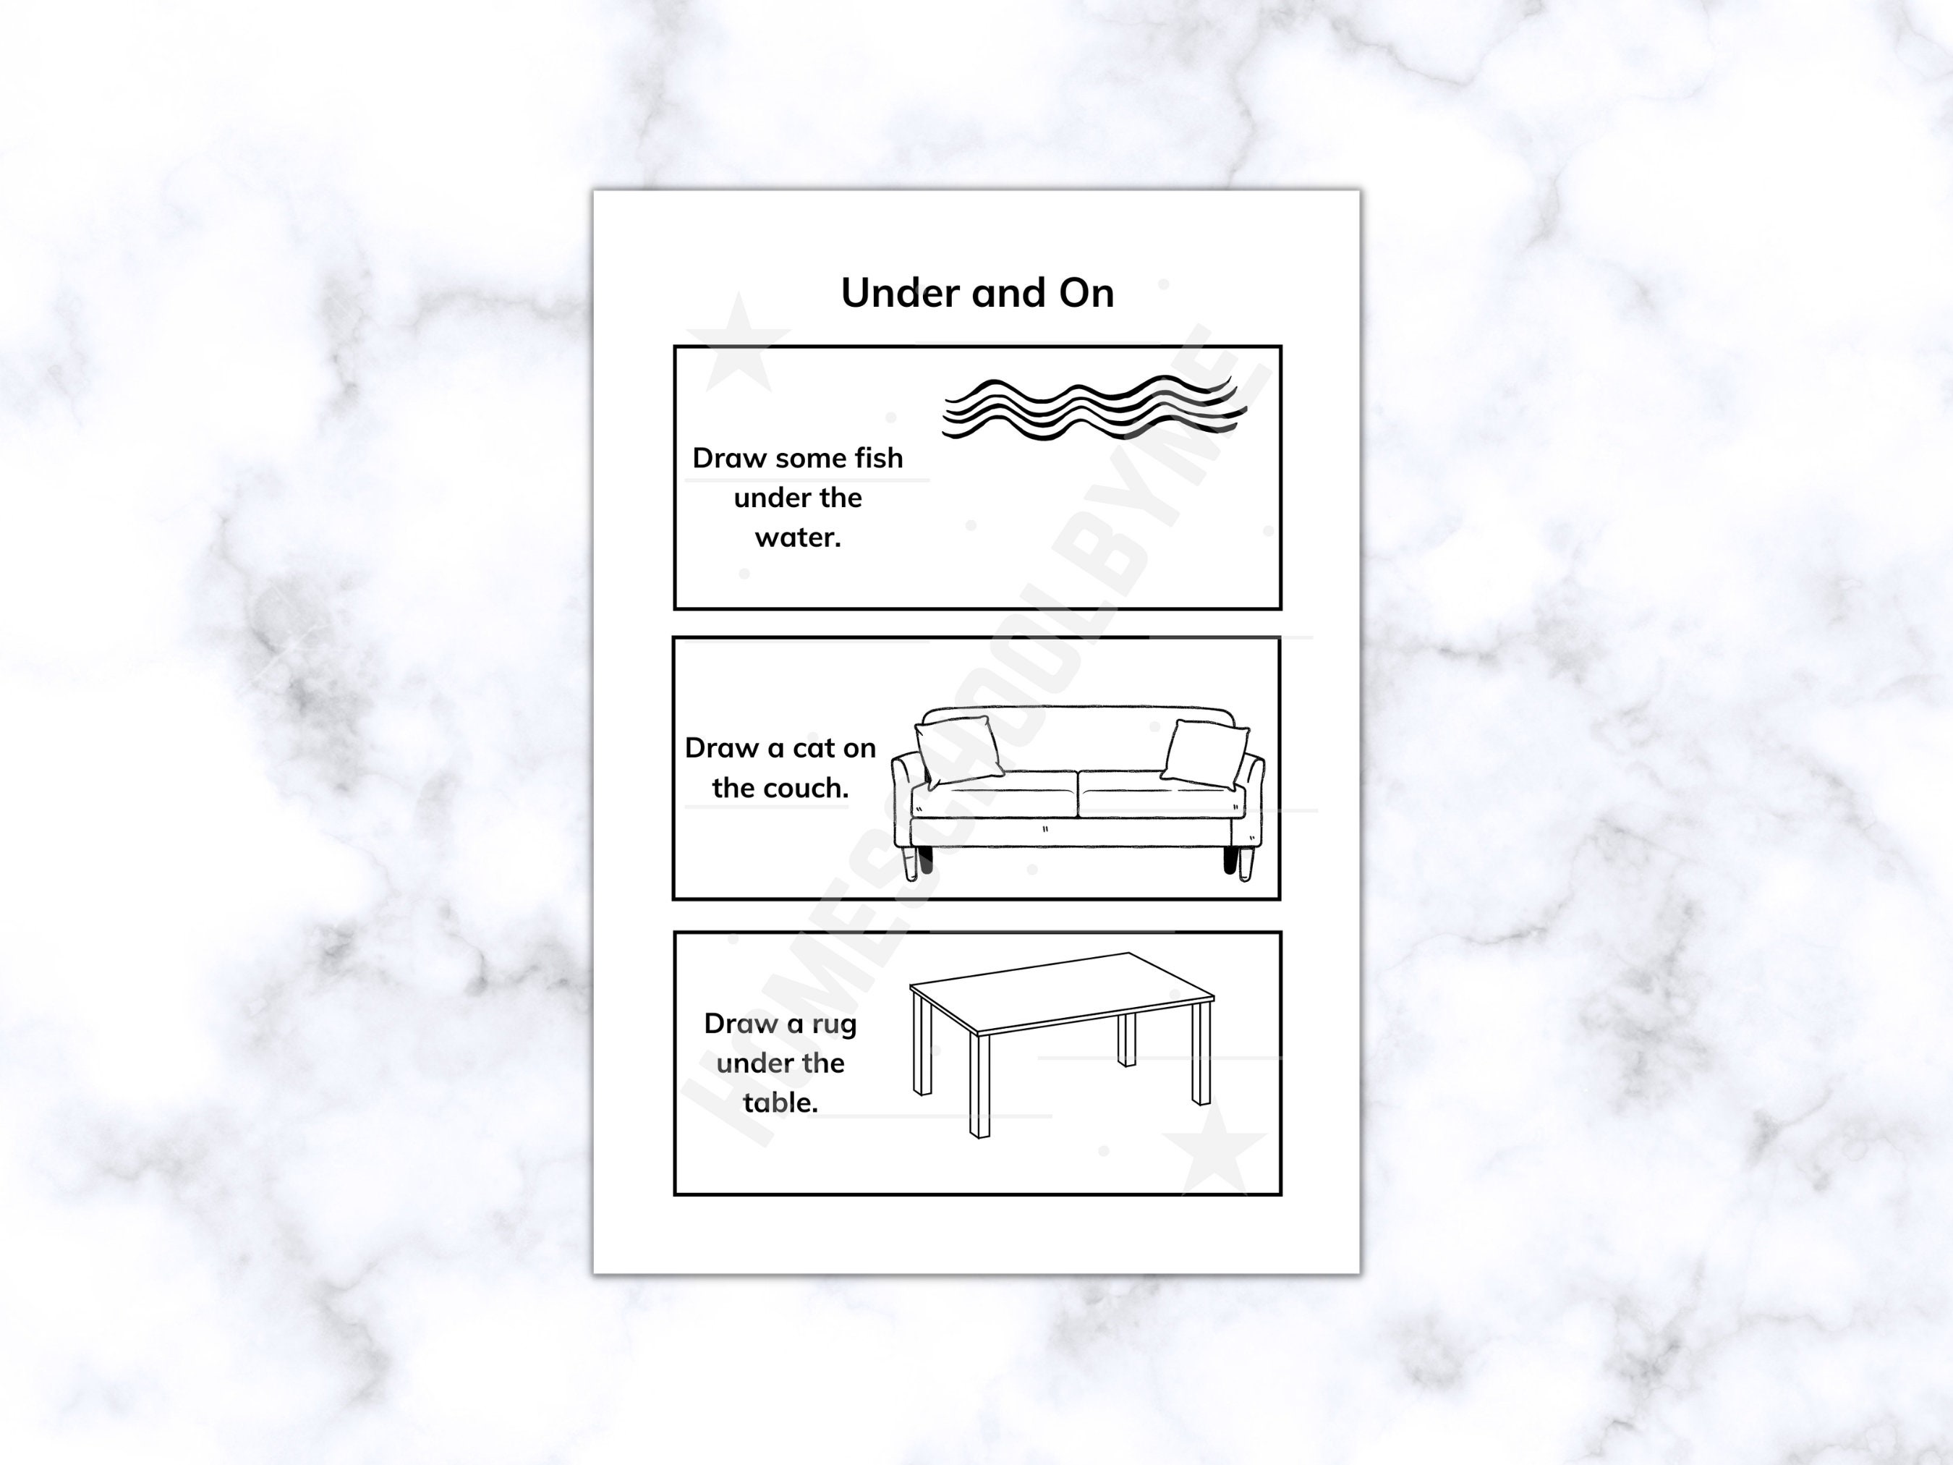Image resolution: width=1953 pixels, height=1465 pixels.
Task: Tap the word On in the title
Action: [x=1087, y=293]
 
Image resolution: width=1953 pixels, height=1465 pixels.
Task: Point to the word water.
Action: [x=797, y=537]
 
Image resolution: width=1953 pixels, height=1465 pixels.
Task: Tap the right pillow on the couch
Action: [x=1205, y=754]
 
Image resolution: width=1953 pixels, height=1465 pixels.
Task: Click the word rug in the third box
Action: [x=833, y=1024]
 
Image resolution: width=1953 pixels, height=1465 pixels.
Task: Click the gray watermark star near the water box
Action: [x=738, y=343]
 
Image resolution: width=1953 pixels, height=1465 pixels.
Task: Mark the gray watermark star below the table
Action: [x=1215, y=1145]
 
